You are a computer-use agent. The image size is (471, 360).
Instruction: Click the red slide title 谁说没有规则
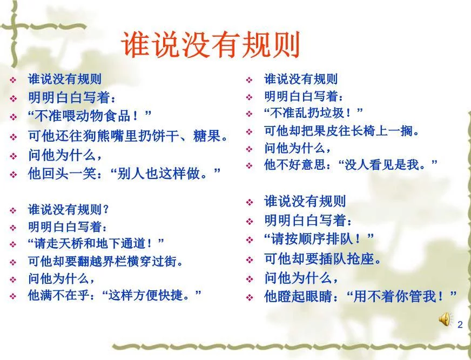[x=211, y=45]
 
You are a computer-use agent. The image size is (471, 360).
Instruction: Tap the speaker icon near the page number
[x=444, y=319]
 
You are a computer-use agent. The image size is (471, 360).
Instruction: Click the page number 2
[x=460, y=325]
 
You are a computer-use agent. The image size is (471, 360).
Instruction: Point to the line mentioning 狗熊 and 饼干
[x=127, y=135]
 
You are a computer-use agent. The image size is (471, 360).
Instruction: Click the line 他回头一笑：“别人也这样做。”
[x=124, y=174]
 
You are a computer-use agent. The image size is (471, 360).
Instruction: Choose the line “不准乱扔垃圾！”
[x=313, y=113]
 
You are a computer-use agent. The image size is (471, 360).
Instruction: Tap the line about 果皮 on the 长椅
[x=341, y=130]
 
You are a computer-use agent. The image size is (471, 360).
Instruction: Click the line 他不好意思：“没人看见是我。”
[x=351, y=164]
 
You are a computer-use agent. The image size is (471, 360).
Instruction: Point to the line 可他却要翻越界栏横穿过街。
[x=105, y=261]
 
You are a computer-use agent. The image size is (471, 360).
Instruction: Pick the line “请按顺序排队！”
[x=319, y=238]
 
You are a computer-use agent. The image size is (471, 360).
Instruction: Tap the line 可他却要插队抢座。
[x=322, y=258]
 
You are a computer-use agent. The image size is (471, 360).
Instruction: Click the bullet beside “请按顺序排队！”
[x=250, y=239]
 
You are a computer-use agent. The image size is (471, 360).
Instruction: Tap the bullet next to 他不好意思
[x=249, y=165]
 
